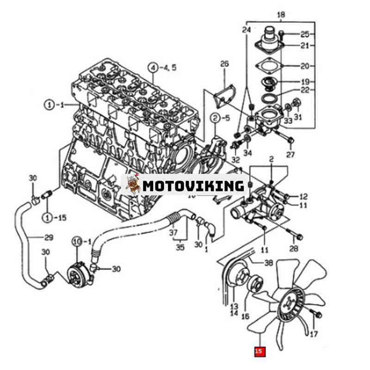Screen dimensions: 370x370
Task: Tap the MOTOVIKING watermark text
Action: pyautogui.click(x=193, y=186)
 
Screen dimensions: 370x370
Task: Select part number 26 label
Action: pyautogui.click(x=224, y=63)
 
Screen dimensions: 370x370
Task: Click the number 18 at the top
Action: pyautogui.click(x=281, y=15)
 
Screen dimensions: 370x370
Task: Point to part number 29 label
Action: pyautogui.click(x=48, y=238)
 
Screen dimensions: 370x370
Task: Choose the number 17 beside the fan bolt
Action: pyautogui.click(x=314, y=334)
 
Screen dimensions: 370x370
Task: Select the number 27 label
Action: pyautogui.click(x=290, y=154)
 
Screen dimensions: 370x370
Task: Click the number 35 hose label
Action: pyautogui.click(x=180, y=247)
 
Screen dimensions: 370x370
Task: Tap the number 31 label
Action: pyautogui.click(x=297, y=117)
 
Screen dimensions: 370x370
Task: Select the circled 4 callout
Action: pyautogui.click(x=153, y=68)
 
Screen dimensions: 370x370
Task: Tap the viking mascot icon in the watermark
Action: pyautogui.click(x=133, y=184)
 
